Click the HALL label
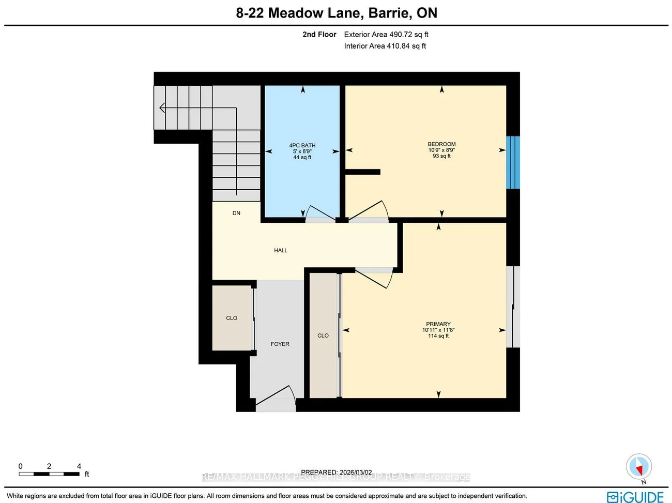pos(281,250)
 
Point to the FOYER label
pos(280,344)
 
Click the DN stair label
pos(236,213)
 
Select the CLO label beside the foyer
pos(232,318)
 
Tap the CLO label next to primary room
pos(323,336)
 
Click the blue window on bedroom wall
pos(513,162)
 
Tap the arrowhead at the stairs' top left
pos(162,108)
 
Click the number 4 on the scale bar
pos(79,466)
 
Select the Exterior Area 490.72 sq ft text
pos(386,35)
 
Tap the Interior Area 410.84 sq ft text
pos(385,46)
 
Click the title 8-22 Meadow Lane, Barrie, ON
pos(337,13)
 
